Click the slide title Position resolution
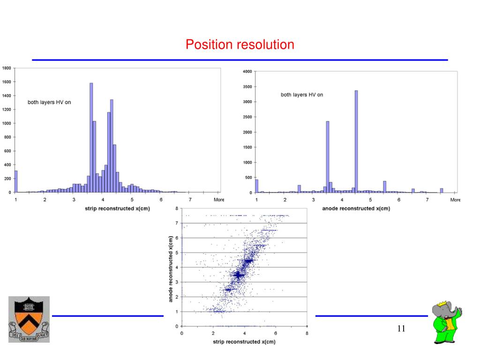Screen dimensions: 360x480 coord(240,45)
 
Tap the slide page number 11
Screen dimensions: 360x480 coord(401,328)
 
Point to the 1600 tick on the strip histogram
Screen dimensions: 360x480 coord(7,82)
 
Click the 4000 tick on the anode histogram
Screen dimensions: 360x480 coord(247,72)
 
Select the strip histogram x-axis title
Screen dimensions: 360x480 coord(117,208)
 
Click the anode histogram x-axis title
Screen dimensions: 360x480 coord(356,208)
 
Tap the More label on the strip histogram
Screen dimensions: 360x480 coord(219,200)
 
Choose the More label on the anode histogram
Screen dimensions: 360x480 coord(455,200)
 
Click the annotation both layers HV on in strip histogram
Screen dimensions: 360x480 coord(49,102)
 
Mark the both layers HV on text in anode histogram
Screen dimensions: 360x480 coord(302,95)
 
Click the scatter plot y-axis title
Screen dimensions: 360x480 coord(171,268)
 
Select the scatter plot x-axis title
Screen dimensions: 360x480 coord(244,342)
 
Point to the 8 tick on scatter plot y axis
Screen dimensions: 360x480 coord(177,208)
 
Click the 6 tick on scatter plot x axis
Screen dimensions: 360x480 coord(276,333)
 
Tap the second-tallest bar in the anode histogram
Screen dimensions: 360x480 coord(328,157)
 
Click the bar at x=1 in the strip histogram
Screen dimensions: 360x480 coord(16,181)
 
